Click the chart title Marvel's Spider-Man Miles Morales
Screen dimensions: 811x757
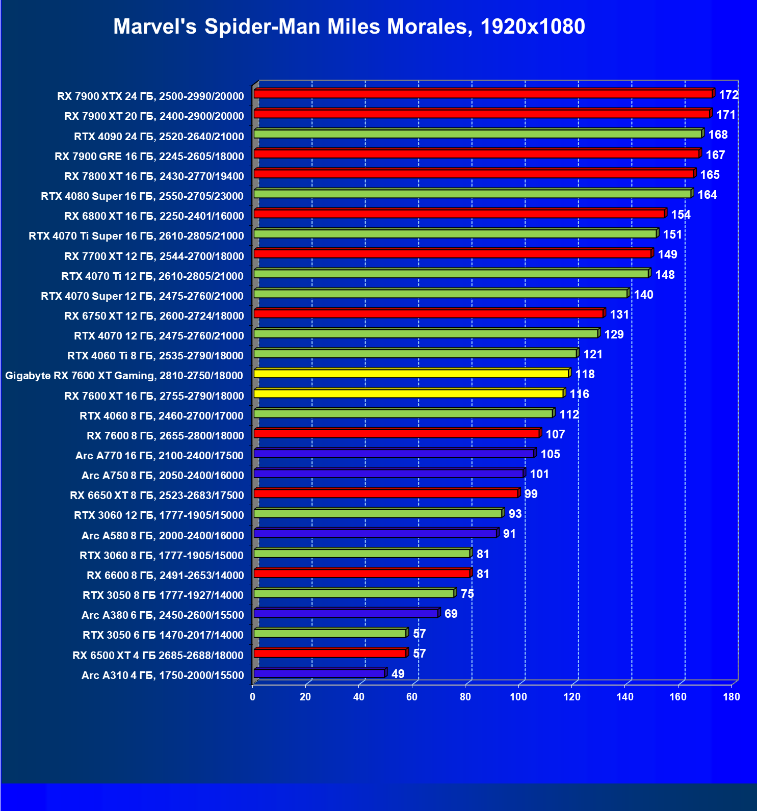(349, 27)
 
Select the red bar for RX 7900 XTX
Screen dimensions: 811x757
(483, 94)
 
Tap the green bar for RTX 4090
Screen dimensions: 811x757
(478, 134)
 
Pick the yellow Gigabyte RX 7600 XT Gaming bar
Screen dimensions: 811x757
(411, 374)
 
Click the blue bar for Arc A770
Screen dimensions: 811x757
(394, 454)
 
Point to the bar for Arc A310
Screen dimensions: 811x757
(319, 673)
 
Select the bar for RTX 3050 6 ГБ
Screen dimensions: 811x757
(330, 634)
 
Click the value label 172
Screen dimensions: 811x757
(728, 95)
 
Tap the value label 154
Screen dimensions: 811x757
(681, 215)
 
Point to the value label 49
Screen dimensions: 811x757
(398, 674)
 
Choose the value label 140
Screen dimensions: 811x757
(643, 295)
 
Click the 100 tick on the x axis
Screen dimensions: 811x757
(518, 697)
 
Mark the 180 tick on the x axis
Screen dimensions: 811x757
(731, 697)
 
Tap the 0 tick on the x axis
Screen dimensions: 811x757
(253, 697)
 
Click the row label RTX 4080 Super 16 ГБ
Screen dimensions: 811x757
(142, 196)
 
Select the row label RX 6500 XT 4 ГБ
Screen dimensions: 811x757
(158, 655)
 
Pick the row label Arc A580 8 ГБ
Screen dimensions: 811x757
(163, 535)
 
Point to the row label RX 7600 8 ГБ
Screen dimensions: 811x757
(165, 435)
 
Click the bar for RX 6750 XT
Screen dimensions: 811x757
(428, 313)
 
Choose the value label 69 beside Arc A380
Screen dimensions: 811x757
(451, 614)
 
